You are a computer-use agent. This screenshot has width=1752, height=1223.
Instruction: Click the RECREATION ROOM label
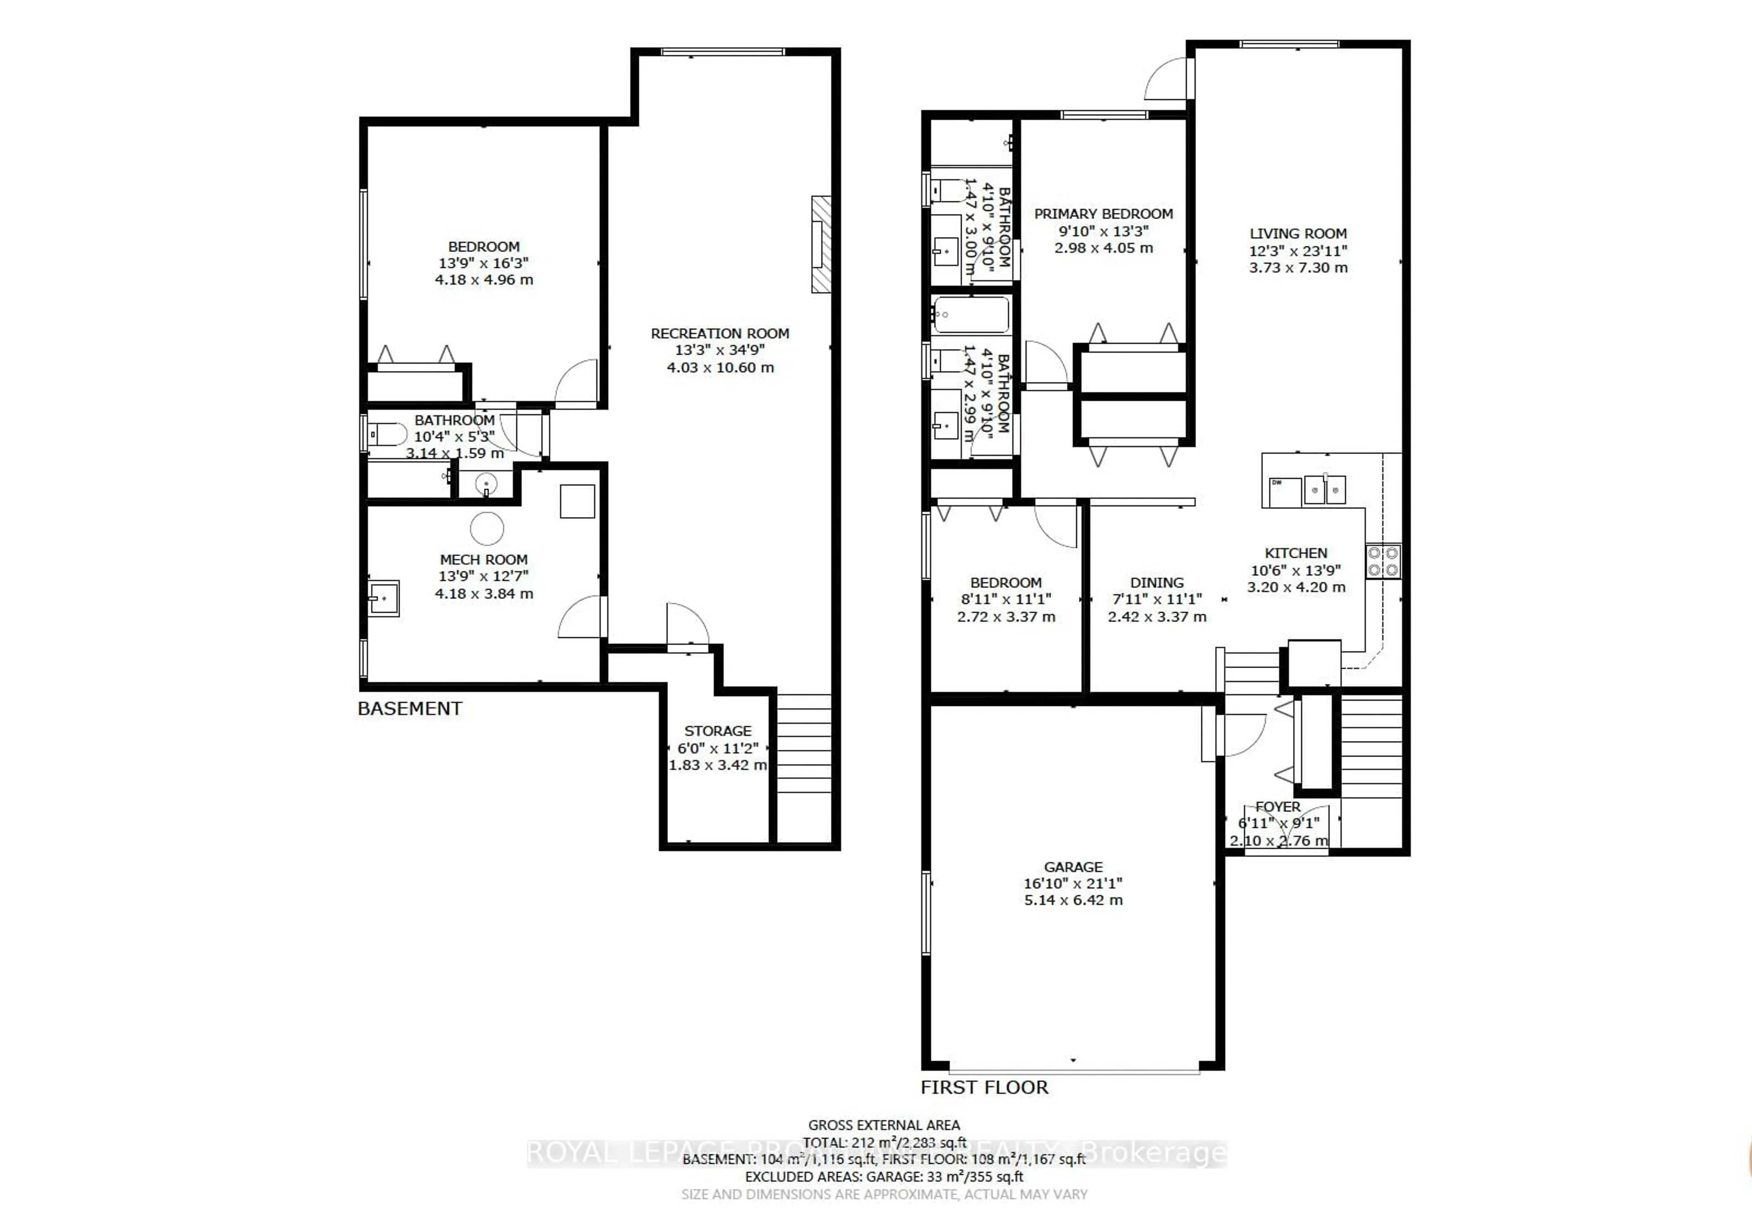coord(720,334)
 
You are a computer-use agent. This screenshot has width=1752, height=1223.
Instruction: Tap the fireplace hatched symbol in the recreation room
coord(821,244)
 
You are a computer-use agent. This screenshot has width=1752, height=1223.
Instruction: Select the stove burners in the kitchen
coord(1383,561)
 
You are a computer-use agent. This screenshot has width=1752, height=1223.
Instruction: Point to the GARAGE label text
coord(1073,867)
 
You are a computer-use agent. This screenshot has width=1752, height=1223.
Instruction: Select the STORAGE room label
coord(717,731)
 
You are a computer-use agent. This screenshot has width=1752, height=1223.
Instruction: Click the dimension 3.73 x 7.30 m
coord(1298,268)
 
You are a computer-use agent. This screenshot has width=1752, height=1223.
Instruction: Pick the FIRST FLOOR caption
coord(984,1087)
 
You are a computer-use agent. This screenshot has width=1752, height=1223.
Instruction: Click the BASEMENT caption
coord(410,708)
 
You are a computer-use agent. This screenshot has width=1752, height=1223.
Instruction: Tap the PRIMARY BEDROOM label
coord(1103,214)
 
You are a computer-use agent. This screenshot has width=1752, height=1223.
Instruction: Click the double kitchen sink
coord(1324,489)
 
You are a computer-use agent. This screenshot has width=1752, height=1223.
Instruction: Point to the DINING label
coord(1157,582)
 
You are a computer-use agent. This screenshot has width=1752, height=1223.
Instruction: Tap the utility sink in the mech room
coord(384,598)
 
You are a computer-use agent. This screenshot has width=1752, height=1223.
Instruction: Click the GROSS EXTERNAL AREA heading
coord(884,1124)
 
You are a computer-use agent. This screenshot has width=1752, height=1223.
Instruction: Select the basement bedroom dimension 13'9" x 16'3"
coord(483,262)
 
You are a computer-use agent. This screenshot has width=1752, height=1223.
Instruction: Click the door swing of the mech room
coord(581,617)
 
